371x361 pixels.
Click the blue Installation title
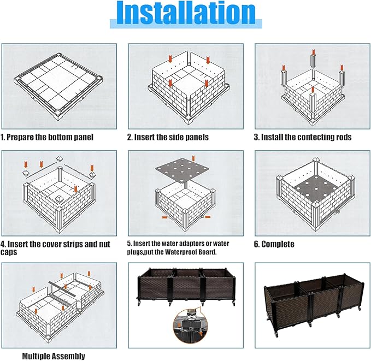coord(186,13)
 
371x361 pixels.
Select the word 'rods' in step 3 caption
coord(344,137)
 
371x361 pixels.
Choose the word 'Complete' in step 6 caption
coord(278,244)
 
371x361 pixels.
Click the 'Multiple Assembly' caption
coord(54,356)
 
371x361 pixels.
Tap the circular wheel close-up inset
coord(191,327)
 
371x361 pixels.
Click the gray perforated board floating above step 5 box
coord(182,170)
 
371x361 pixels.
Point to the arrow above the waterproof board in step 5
coord(193,158)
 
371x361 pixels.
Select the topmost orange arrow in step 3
coord(314,52)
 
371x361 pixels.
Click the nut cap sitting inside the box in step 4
coord(58,199)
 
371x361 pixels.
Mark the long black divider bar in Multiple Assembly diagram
coord(61,289)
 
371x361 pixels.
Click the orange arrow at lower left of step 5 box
coord(164,217)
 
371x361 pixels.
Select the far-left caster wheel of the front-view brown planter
coord(139,303)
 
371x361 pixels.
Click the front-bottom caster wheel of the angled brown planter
coord(276,335)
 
